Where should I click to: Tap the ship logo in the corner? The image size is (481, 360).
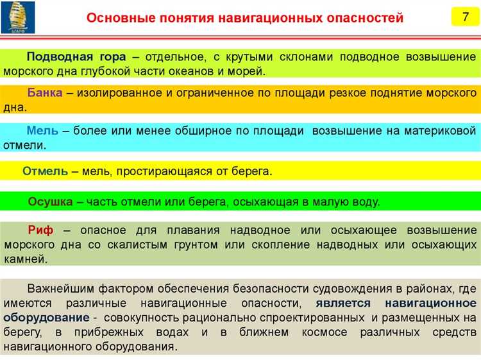tap(18, 17)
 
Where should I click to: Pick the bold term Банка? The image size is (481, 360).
tap(45, 93)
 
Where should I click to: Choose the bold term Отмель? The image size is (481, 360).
tap(46, 171)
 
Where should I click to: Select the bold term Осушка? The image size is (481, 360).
tap(50, 201)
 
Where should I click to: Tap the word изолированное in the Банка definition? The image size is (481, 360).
tap(122, 93)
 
